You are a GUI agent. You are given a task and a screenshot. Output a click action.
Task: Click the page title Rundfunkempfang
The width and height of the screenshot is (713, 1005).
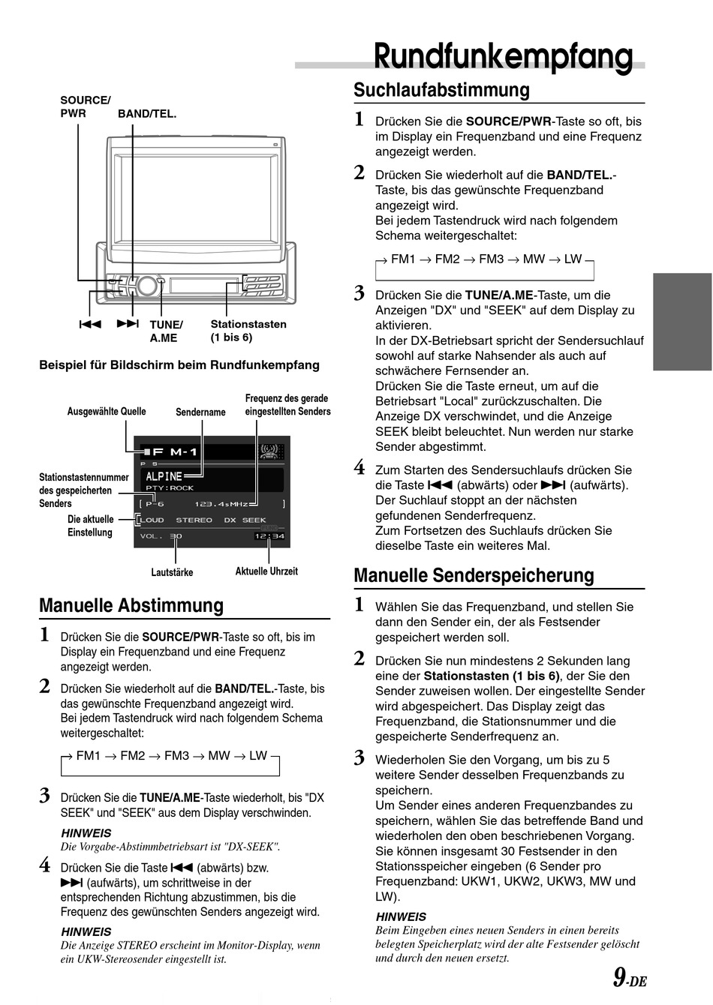pos(503,57)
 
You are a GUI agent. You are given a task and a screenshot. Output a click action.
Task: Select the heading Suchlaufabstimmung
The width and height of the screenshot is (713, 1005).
pos(441,90)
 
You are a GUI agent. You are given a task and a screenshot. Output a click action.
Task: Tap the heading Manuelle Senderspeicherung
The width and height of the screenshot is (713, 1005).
pos(474,575)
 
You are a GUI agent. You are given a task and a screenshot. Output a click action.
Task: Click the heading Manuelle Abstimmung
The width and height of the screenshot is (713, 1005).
pos(131,605)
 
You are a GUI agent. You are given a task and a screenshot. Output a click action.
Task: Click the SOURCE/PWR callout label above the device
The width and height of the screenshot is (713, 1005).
pos(85,106)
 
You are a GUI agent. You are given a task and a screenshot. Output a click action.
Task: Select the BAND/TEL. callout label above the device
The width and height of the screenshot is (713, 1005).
pos(147,114)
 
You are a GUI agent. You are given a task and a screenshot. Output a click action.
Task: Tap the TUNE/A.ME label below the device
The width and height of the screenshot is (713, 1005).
pos(166,331)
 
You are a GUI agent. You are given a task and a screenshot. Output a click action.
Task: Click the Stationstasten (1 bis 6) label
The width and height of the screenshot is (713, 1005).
pos(248,331)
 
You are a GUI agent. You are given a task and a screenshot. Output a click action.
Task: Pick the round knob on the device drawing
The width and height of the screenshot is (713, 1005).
pos(147,285)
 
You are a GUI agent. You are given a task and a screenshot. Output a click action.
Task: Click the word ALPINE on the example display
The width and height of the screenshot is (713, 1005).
pos(164,476)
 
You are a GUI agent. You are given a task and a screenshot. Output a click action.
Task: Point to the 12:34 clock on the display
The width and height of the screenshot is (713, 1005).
pos(269,535)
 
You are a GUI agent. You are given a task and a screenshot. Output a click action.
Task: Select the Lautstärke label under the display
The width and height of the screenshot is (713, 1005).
pos(172,572)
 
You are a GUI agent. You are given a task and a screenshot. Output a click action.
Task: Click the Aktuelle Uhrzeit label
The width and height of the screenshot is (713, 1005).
pos(266,571)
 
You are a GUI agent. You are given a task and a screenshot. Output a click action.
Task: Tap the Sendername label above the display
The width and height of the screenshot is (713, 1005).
pos(200,412)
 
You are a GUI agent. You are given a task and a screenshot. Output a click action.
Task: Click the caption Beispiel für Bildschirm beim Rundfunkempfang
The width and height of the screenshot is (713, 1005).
pos(179,365)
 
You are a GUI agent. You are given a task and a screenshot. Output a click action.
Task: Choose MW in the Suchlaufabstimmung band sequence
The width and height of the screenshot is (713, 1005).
pos(534,259)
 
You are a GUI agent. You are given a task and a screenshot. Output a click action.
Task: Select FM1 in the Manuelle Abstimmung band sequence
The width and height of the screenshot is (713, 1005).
pos(88,755)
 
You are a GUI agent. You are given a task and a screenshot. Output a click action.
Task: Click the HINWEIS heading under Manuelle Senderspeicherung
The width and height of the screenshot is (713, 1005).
pos(401,916)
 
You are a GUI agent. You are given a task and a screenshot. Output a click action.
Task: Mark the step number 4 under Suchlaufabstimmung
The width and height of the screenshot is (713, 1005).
pos(360,469)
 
